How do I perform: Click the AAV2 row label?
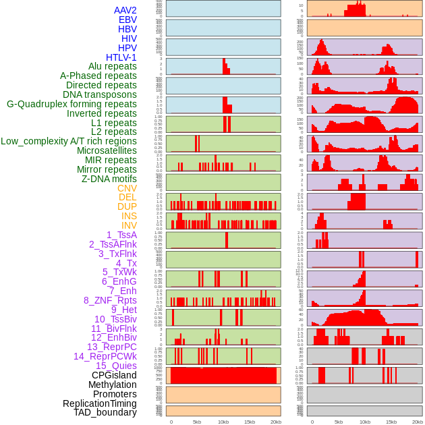click(x=125, y=10)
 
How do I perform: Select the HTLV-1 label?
click(x=121, y=57)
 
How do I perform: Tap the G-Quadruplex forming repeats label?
click(x=72, y=104)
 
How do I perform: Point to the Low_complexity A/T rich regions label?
click(x=69, y=141)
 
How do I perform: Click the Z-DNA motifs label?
click(x=109, y=179)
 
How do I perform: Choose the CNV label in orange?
click(x=127, y=188)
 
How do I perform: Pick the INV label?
click(x=129, y=225)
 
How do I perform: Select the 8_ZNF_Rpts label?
click(x=110, y=300)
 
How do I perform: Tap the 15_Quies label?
click(x=116, y=366)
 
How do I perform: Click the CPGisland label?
click(x=114, y=375)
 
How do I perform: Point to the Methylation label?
click(x=112, y=385)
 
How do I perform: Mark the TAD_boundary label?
click(x=105, y=412)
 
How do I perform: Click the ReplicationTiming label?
click(x=99, y=403)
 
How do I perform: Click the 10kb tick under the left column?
click(x=223, y=422)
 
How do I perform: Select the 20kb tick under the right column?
click(x=417, y=422)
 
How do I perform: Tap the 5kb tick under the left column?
click(x=197, y=422)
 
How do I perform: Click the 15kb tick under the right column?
click(x=391, y=422)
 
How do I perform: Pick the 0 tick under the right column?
click(x=313, y=422)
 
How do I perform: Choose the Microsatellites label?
click(x=107, y=150)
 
